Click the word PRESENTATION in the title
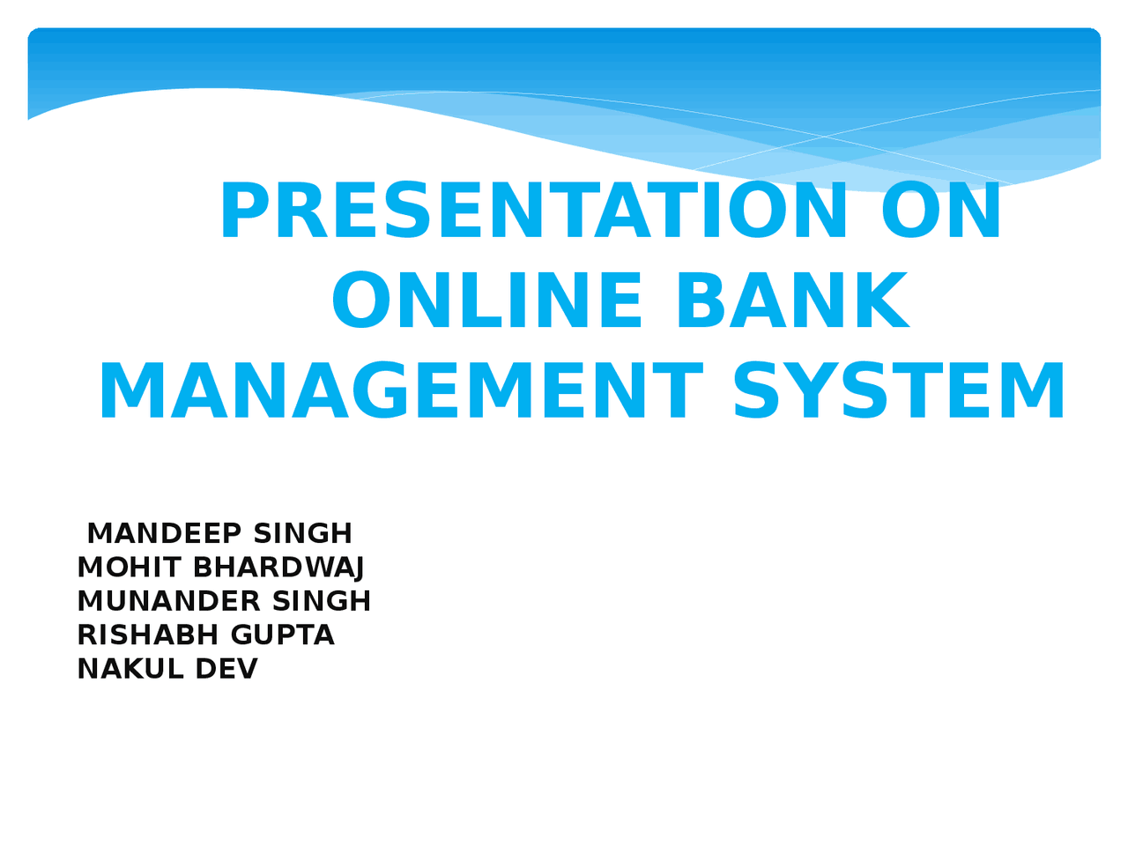(x=534, y=211)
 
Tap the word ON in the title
(x=941, y=211)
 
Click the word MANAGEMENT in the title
(x=400, y=392)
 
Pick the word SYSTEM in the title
(x=899, y=392)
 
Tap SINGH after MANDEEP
(x=302, y=533)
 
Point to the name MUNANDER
(x=168, y=601)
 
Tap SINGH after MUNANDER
(x=322, y=601)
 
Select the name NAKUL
(x=130, y=669)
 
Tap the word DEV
(x=226, y=669)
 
